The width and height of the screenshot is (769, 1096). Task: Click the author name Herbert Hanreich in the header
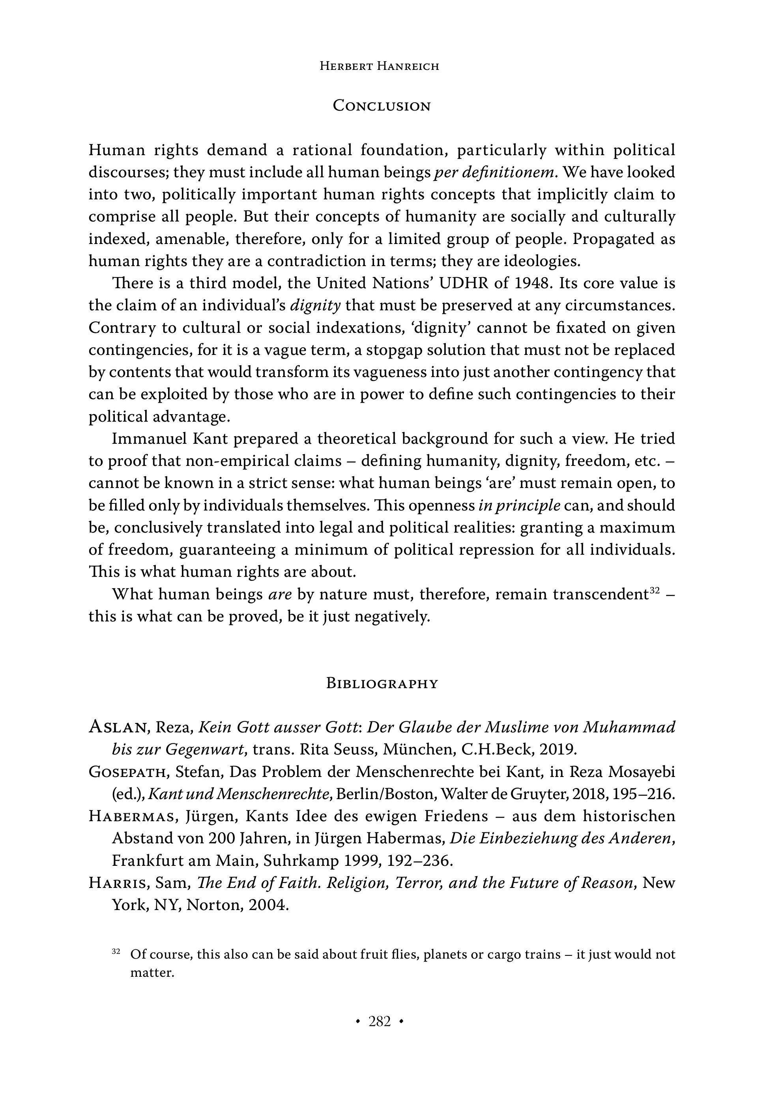[x=379, y=66]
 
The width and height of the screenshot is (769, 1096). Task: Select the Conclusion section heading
[x=382, y=105]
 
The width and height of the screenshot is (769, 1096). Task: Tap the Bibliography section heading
[x=382, y=683]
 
